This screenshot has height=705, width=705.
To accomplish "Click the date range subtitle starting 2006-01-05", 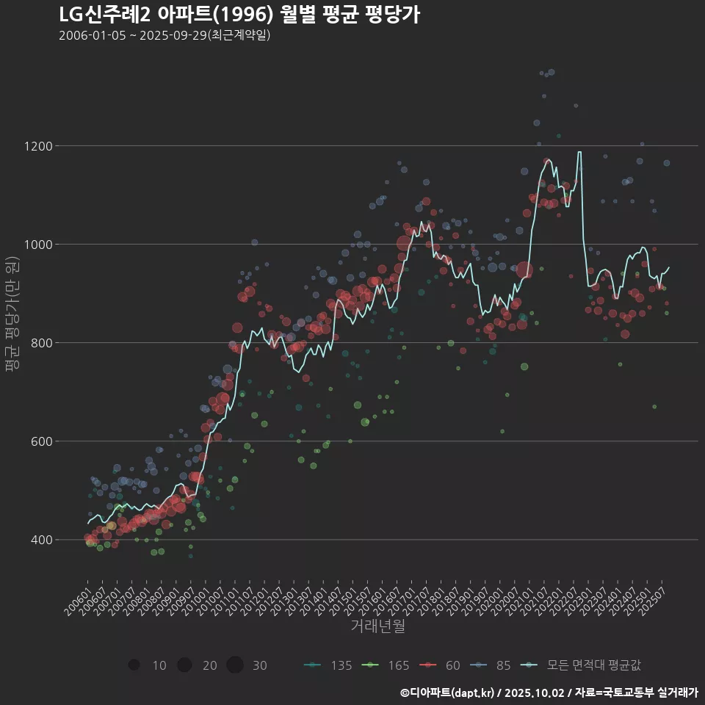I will click(x=164, y=35).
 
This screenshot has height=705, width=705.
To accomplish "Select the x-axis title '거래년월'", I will click(x=377, y=626).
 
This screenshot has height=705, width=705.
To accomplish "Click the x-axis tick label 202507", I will click(x=653, y=599).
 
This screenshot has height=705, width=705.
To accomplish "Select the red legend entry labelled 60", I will click(x=441, y=665).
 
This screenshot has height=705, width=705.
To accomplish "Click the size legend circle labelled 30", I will click(x=235, y=665).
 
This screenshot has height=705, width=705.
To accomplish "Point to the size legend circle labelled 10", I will click(x=134, y=665).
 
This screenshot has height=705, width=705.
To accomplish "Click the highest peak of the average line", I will click(x=579, y=153).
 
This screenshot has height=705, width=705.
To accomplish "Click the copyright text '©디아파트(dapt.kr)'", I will click(x=447, y=693).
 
